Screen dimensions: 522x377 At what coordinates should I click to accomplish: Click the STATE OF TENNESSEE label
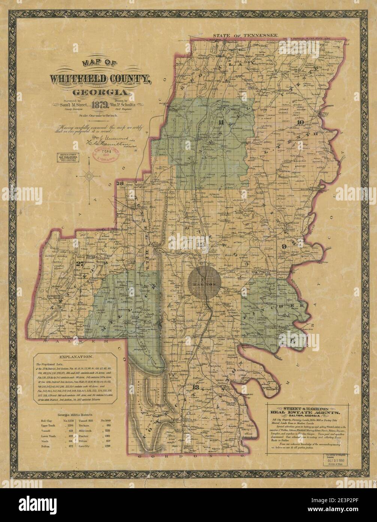click(x=245, y=35)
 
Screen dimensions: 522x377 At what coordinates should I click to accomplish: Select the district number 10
click(x=299, y=122)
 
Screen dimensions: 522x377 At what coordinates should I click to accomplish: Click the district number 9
click(x=284, y=246)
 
